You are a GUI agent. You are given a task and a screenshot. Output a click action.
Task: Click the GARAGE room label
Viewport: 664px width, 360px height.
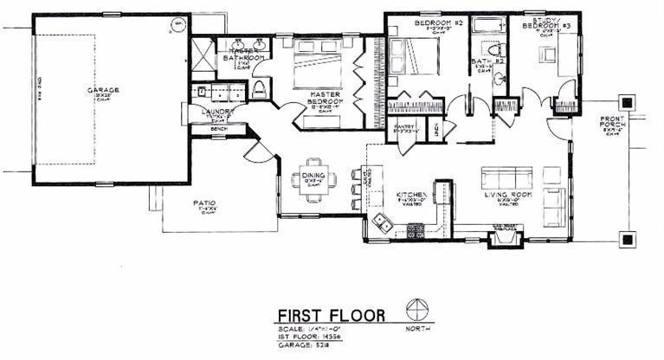(x=102, y=90)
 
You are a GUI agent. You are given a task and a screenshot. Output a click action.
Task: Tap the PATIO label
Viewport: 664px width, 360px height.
(x=205, y=204)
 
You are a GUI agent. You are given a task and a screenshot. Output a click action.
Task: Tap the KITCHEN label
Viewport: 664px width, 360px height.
(x=409, y=195)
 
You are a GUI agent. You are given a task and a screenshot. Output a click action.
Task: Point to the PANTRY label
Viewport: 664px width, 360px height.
(x=405, y=126)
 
